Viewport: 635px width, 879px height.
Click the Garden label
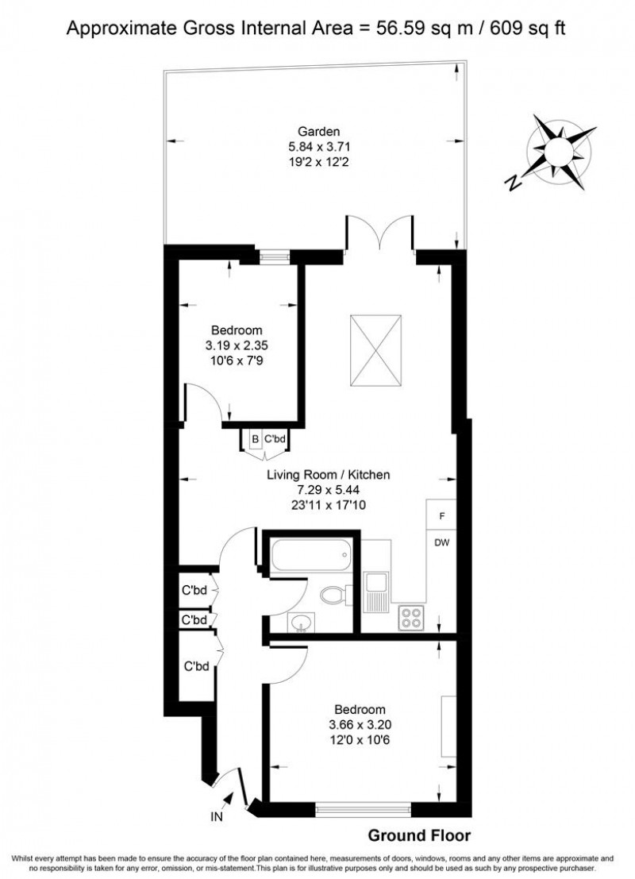pos(319,131)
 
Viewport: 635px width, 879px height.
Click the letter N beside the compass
pos(515,183)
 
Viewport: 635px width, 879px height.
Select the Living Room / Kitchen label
pos(328,475)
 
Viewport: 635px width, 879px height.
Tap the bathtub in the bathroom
pos(310,556)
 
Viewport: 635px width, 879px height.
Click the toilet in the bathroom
pos(335,594)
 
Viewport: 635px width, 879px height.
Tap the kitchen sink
pos(375,592)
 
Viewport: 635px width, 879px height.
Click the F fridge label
pos(442,516)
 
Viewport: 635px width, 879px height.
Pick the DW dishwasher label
pos(442,543)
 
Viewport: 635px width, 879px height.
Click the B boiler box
pos(256,439)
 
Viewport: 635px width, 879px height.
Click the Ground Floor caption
pos(418,835)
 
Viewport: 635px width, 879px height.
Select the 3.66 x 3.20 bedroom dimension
pos(360,724)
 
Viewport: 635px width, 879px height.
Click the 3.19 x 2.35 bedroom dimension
pos(237,345)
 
